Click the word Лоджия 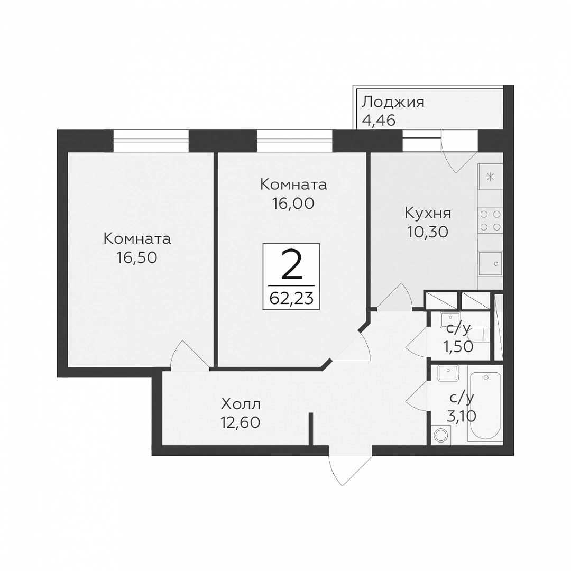pos(393,102)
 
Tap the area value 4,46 pos(378,121)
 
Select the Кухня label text pos(428,213)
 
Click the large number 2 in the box pos(291,266)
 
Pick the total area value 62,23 pos(291,298)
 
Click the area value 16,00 pos(293,203)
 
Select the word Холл pos(241,405)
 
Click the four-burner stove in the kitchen pos(490,220)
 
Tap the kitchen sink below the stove pos(490,263)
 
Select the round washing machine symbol pos(440,436)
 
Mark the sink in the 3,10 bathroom pos(447,373)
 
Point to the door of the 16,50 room pos(188,355)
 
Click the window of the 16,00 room pos(295,141)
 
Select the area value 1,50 pos(458,347)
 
